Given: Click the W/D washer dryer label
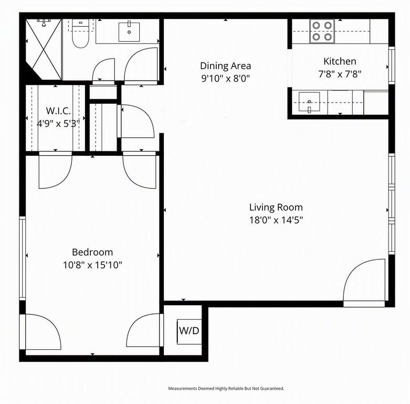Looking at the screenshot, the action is [189, 331].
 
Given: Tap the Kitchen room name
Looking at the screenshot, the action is [340, 62].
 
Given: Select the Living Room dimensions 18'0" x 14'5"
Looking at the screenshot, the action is [276, 220].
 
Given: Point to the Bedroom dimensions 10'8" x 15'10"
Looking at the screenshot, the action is [92, 265].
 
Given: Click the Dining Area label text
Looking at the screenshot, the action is [225, 66].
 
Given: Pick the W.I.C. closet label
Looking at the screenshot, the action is [58, 110].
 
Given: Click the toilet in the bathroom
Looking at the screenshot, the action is [81, 34].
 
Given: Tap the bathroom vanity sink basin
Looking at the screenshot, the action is [129, 32].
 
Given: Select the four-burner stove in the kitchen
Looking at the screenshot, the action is [322, 31].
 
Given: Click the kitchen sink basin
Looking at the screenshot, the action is [309, 102].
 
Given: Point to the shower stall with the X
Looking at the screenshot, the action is [44, 49].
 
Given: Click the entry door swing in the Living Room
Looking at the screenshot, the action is [364, 282].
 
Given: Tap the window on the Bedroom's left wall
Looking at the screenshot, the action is [23, 258].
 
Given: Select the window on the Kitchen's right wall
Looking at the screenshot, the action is [392, 65].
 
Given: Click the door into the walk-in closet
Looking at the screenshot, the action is [55, 170].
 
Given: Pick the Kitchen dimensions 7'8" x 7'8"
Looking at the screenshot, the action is [340, 74].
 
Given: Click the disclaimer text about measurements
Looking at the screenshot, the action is [226, 388].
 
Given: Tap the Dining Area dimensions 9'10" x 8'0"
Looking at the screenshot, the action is [225, 78].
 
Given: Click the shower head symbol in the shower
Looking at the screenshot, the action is [44, 23].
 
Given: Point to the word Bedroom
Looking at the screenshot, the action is [92, 252].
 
